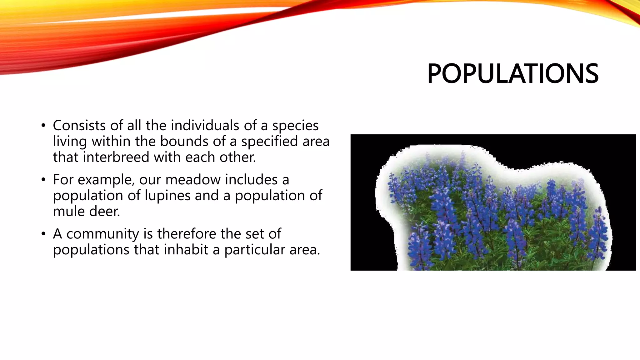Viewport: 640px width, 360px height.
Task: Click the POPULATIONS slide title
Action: pyautogui.click(x=512, y=74)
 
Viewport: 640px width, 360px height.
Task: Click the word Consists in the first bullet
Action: pyautogui.click(x=79, y=126)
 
